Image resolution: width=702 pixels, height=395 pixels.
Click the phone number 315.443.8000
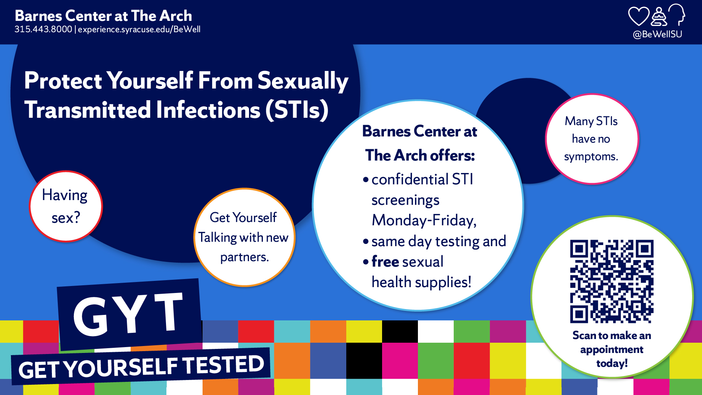(x=43, y=29)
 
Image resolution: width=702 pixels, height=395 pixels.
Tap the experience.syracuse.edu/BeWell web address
(x=139, y=29)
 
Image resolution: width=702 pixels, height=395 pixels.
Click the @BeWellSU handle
(x=657, y=34)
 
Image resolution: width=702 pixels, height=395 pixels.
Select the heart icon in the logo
(x=638, y=16)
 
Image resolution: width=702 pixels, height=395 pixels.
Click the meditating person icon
(x=659, y=17)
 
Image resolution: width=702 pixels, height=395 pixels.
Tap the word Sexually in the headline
(x=303, y=81)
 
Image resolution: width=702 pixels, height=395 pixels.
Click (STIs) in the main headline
(x=297, y=110)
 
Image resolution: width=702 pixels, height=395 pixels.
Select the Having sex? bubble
(x=66, y=206)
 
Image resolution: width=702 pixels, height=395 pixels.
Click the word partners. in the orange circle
(x=244, y=257)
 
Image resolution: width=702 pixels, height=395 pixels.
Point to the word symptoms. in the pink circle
(x=591, y=157)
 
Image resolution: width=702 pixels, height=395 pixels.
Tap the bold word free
(x=385, y=262)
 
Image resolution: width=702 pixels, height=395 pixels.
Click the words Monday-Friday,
(x=424, y=220)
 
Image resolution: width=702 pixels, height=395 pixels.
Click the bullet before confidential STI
(x=366, y=180)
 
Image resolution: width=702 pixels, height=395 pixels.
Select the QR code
(x=612, y=281)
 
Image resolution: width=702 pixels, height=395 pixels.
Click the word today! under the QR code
(x=612, y=363)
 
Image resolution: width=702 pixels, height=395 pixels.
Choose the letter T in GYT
(x=168, y=312)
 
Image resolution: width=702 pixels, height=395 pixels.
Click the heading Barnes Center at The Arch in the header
(x=103, y=16)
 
